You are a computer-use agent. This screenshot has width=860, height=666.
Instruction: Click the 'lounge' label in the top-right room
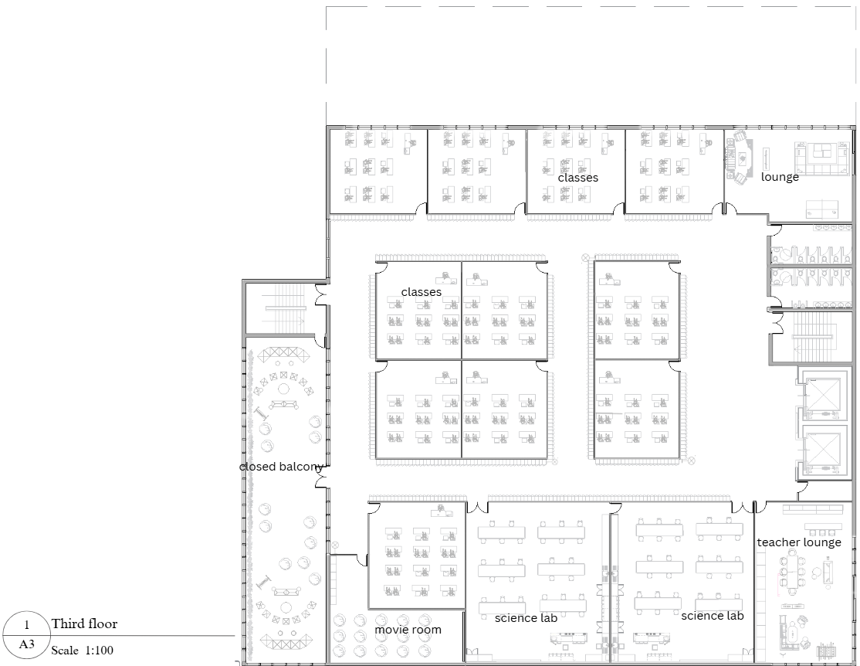[x=780, y=177]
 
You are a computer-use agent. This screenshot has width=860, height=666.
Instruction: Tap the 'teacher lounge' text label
[x=798, y=542]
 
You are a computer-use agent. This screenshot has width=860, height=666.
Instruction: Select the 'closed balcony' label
[x=280, y=467]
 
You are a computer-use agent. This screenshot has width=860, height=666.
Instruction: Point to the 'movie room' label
[x=408, y=630]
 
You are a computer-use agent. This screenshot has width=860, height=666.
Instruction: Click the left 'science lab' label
[x=526, y=618]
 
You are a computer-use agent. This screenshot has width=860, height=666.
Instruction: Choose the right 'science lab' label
[x=712, y=616]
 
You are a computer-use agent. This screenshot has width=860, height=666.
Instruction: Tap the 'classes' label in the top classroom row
[x=577, y=178]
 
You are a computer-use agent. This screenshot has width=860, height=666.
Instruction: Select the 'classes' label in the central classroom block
[x=421, y=292]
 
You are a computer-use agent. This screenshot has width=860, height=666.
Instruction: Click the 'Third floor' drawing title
[x=85, y=624]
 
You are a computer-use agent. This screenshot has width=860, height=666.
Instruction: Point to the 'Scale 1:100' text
[x=82, y=651]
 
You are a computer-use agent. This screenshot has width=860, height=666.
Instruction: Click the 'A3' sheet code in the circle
[x=27, y=644]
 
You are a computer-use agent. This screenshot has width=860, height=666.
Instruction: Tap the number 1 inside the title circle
[x=27, y=624]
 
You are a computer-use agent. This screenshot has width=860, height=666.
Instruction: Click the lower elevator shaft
[x=820, y=450]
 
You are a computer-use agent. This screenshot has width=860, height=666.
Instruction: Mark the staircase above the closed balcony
[x=286, y=308]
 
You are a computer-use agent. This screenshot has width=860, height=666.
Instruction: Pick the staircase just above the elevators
[x=810, y=337]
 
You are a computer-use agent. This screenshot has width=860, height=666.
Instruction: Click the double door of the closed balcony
[x=320, y=482]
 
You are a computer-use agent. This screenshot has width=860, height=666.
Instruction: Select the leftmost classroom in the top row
[x=378, y=170]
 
